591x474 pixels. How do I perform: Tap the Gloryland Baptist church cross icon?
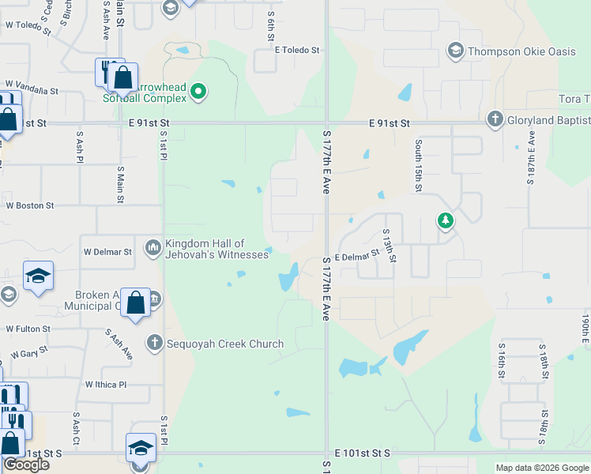point(495,119)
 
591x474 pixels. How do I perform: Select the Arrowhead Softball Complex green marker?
point(199,92)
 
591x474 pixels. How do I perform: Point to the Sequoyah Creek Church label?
point(224,343)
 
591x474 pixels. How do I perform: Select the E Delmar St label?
point(357,257)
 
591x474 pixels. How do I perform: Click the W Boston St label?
point(30,205)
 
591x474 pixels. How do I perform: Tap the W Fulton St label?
point(28,329)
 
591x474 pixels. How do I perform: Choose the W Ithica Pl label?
point(106,385)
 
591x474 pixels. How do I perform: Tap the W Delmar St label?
point(107,252)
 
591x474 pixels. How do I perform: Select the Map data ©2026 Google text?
point(541,468)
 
